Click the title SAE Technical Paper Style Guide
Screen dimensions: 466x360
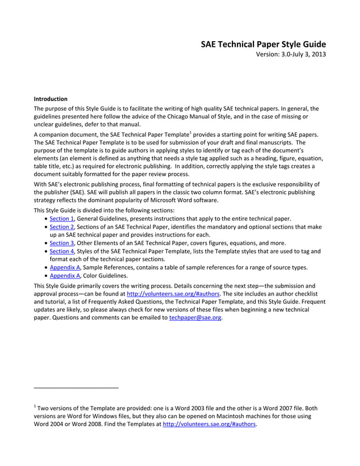click(264, 44)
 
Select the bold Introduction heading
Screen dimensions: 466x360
click(51, 99)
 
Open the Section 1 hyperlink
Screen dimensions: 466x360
click(62, 218)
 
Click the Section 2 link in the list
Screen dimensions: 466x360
click(62, 227)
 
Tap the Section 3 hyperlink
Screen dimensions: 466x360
click(62, 243)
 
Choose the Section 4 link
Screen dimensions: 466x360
click(62, 252)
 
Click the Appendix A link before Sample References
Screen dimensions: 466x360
click(64, 268)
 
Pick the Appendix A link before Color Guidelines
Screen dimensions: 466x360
click(64, 276)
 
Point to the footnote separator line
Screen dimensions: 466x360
click(76, 388)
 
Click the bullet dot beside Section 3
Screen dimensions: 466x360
click(46, 244)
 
